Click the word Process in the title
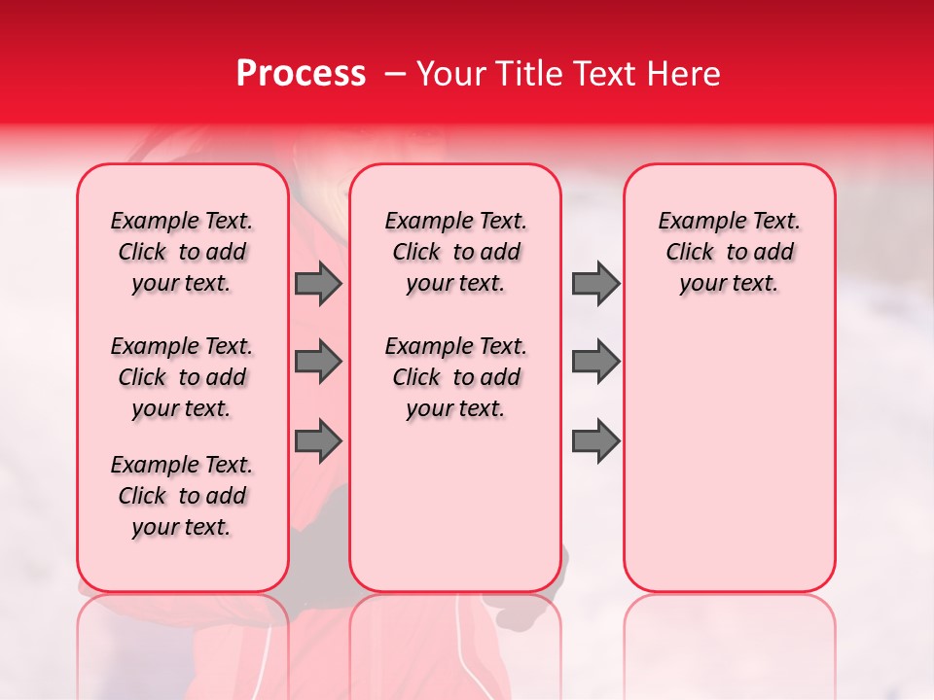tap(300, 74)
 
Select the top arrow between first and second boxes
tap(318, 284)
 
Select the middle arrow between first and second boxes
tap(318, 363)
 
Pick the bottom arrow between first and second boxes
tap(318, 442)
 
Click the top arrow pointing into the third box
tap(595, 284)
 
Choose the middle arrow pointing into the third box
tap(595, 363)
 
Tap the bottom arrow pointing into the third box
tap(595, 442)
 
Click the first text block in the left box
tap(182, 252)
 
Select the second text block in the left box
tap(182, 377)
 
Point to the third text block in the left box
tap(182, 496)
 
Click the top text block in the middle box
tap(455, 252)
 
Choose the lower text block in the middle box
tap(455, 377)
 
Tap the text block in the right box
tap(730, 252)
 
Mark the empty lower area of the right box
tap(730, 457)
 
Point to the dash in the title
tap(394, 75)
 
